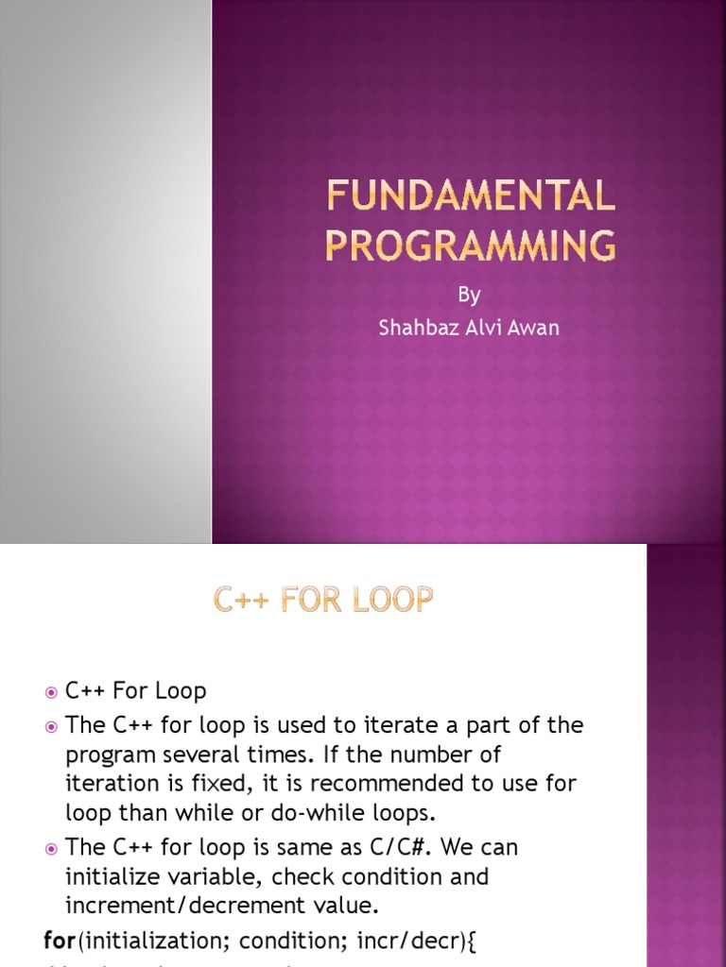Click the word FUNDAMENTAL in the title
(x=470, y=197)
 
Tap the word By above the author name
(x=469, y=296)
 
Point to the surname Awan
(x=533, y=328)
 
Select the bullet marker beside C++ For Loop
(x=51, y=693)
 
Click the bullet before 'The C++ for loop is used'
(x=51, y=727)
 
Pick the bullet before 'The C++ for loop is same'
(x=51, y=849)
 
